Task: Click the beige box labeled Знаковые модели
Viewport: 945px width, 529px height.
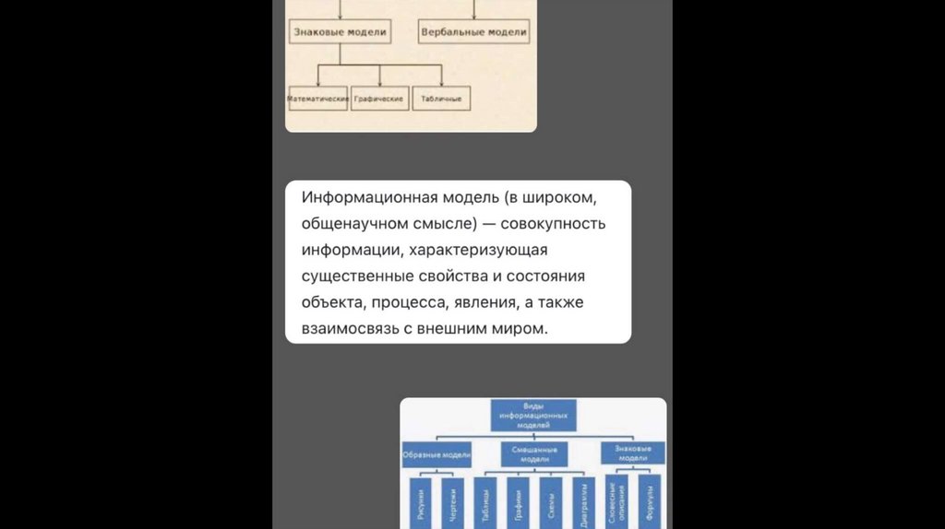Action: [339, 32]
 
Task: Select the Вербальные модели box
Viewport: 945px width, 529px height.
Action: [473, 32]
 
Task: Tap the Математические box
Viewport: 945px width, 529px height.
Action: [317, 99]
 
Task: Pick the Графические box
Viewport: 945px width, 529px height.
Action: [379, 99]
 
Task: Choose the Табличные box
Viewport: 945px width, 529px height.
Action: [441, 99]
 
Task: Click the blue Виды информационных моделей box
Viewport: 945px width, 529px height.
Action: [532, 416]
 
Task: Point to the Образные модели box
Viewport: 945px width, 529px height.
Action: [437, 453]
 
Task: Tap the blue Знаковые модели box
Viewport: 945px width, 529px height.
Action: [632, 453]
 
